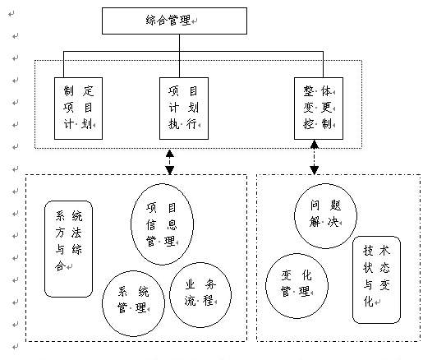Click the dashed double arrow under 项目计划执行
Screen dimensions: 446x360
[x=170, y=162]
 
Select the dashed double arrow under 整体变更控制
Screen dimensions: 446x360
[x=315, y=157]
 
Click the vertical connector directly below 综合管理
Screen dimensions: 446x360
[x=180, y=43]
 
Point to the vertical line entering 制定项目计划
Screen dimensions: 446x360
[x=63, y=64]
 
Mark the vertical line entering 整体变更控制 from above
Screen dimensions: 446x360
[x=323, y=64]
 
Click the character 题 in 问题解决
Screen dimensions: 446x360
[x=336, y=205]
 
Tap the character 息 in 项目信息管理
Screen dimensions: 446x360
[x=172, y=224]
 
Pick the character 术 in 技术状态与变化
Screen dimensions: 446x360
[x=384, y=251]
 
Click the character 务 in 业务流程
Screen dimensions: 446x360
[x=210, y=284]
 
